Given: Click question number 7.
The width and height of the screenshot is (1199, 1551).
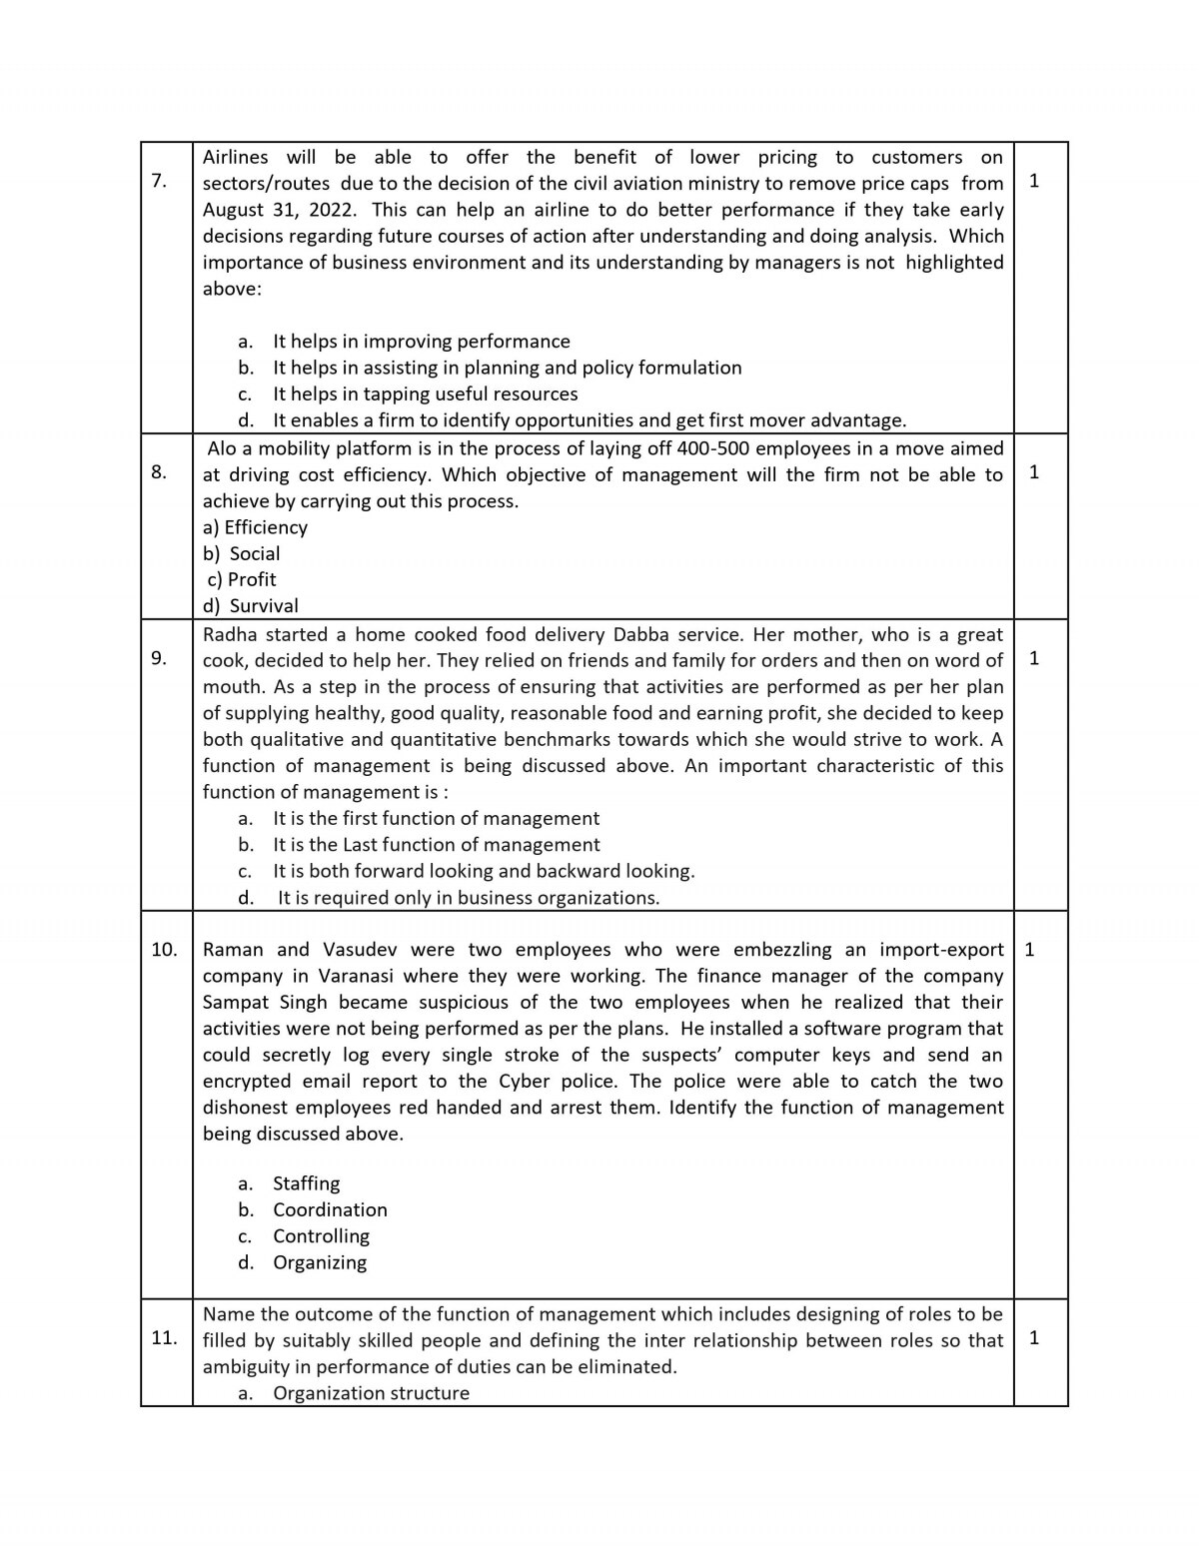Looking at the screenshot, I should [x=158, y=181].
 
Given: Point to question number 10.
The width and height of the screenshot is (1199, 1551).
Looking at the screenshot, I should [x=164, y=949].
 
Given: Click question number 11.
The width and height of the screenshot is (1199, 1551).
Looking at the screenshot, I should [x=164, y=1337].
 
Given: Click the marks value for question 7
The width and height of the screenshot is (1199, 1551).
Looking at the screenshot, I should [x=1033, y=181].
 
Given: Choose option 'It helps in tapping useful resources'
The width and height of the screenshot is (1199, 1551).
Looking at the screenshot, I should [x=425, y=393].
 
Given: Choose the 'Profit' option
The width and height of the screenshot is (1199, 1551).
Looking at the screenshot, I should [x=251, y=579].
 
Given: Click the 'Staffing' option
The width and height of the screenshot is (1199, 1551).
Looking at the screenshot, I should [x=306, y=1183].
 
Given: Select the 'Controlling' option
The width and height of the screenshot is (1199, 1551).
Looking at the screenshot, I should [x=321, y=1235].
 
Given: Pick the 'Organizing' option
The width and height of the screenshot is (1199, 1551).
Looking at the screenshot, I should [x=320, y=1262].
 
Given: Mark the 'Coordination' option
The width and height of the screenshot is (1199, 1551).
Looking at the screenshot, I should [x=330, y=1209].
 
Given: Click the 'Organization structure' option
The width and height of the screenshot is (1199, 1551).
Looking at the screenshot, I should [x=371, y=1393].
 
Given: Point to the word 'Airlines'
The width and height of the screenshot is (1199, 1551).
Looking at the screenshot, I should [x=236, y=157].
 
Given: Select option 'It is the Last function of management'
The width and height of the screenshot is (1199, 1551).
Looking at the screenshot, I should [x=436, y=845].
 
